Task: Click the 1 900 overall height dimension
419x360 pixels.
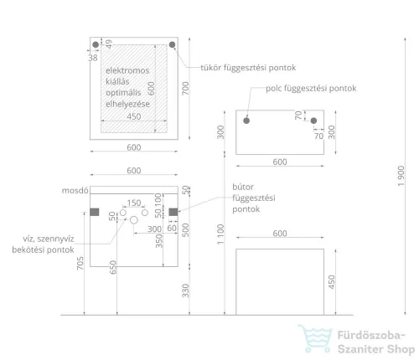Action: coord(401,176)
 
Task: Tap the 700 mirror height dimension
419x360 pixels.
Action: coord(185,88)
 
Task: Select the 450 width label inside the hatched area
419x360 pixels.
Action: coord(134,116)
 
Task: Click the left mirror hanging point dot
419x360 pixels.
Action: coord(96,44)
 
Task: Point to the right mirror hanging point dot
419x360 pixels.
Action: coord(172,44)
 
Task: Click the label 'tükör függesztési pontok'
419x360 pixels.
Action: coord(248,68)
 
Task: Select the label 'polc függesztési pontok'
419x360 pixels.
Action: coord(311,89)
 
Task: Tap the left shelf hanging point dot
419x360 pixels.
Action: coord(246,121)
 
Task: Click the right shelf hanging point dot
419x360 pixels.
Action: coord(313,121)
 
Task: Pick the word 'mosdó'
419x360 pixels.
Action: coord(75,191)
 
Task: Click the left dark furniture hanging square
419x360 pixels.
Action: coord(95,212)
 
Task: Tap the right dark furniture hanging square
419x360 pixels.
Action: coord(173,212)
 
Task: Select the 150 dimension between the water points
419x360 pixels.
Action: coord(134,203)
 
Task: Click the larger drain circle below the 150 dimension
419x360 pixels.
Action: coord(134,220)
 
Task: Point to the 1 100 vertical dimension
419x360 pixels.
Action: coord(220,234)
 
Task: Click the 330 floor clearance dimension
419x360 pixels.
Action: coord(185,291)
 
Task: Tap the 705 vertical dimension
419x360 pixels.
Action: coord(80,263)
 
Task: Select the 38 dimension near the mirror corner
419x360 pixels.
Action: coord(93,58)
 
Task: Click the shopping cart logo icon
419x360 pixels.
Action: coord(315,338)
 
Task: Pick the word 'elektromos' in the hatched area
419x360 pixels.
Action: coord(127,70)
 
